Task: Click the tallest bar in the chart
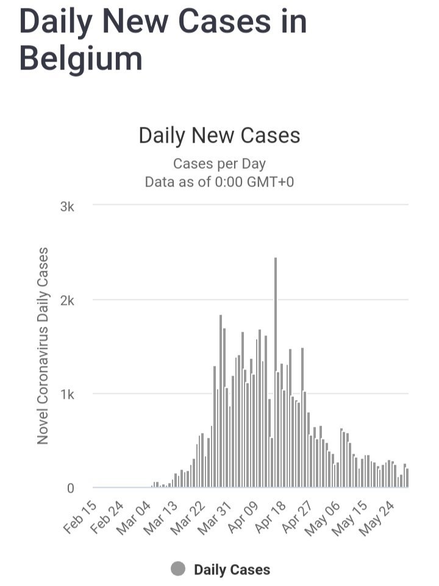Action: pyautogui.click(x=276, y=372)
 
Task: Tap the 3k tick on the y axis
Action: pyautogui.click(x=66, y=207)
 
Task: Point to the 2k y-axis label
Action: pyautogui.click(x=66, y=301)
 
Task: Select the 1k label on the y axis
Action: pyautogui.click(x=66, y=395)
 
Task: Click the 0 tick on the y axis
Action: pyautogui.click(x=70, y=488)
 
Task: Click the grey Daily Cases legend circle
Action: pyautogui.click(x=178, y=570)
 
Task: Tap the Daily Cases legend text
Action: pyautogui.click(x=232, y=570)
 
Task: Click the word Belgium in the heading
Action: pyautogui.click(x=81, y=59)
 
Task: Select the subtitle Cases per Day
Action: pyautogui.click(x=220, y=163)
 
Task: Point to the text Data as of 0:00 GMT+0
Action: pyautogui.click(x=220, y=182)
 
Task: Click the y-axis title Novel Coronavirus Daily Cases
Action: pyautogui.click(x=43, y=345)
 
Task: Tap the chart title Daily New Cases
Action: pyautogui.click(x=220, y=135)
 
